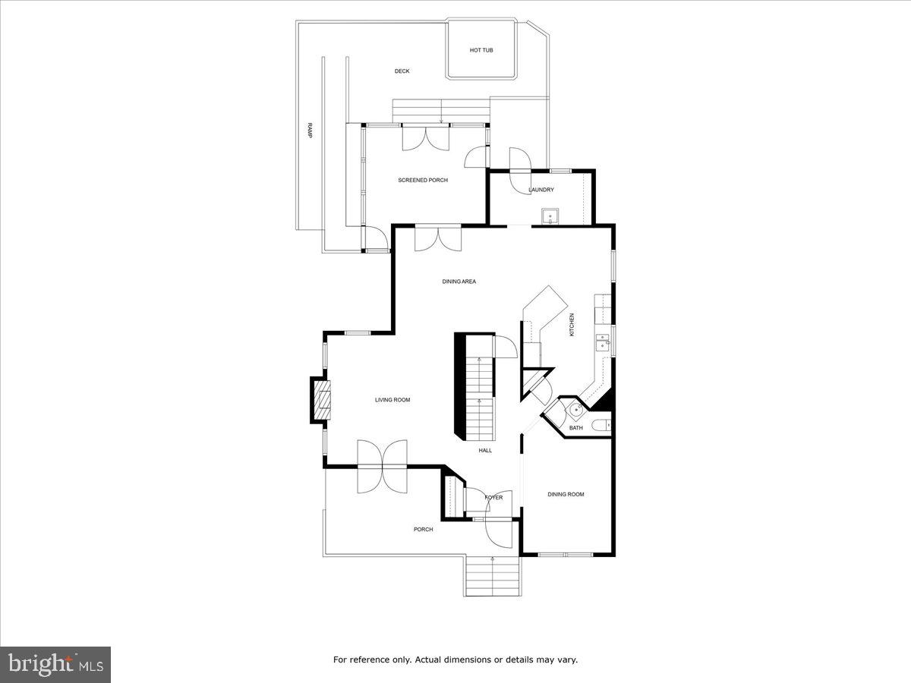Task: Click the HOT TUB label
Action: (x=481, y=50)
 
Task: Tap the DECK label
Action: (x=402, y=71)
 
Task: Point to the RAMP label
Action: (x=310, y=130)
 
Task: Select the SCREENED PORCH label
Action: (x=423, y=180)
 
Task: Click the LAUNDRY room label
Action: (x=541, y=190)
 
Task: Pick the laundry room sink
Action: (x=550, y=216)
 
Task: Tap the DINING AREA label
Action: (x=459, y=281)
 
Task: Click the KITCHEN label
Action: (x=572, y=324)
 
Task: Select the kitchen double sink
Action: (x=602, y=342)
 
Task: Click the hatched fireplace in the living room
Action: (x=322, y=400)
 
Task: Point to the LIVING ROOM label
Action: (x=392, y=400)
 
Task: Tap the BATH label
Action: (x=575, y=427)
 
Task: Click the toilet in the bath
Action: (x=601, y=425)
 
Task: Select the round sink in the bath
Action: (x=576, y=410)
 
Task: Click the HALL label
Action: (x=485, y=450)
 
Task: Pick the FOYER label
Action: (x=493, y=497)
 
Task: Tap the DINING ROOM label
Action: (x=566, y=494)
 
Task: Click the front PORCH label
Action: (x=423, y=529)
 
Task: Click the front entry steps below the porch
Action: (x=492, y=577)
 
